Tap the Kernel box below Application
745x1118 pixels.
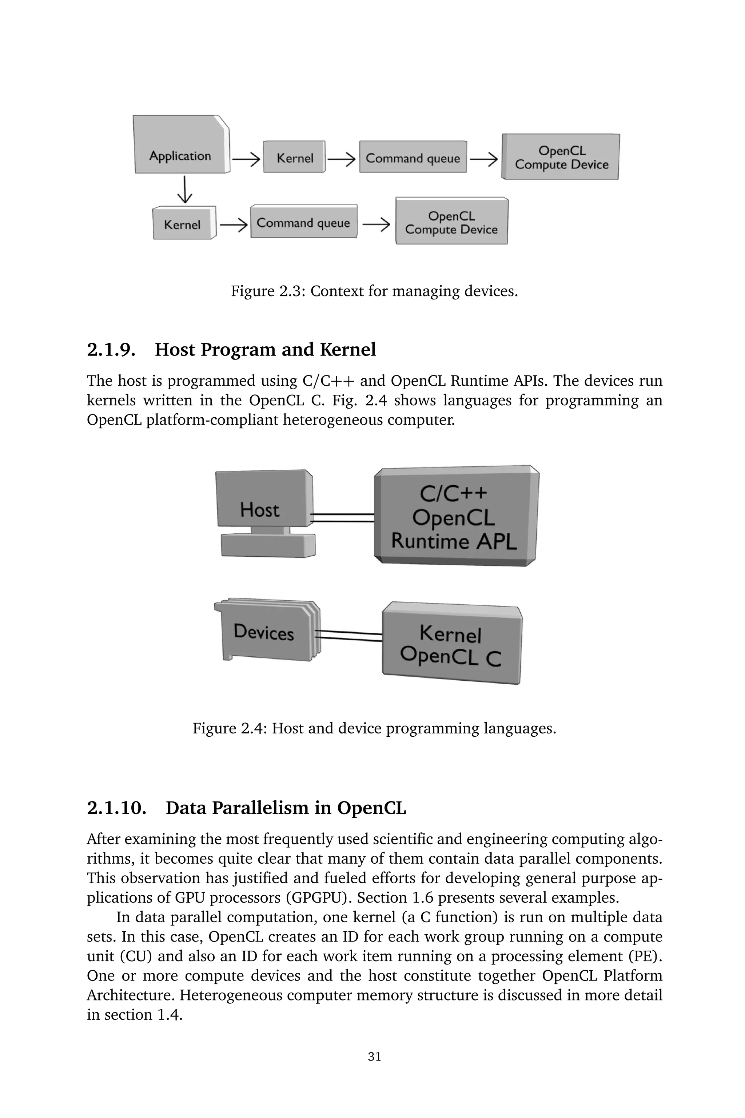pos(183,224)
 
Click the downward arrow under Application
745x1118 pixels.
pos(184,190)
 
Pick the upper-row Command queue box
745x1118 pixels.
pos(413,157)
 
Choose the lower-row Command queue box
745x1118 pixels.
pos(304,222)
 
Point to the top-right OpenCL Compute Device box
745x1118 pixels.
pos(561,157)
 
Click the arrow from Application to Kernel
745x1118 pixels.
pos(246,159)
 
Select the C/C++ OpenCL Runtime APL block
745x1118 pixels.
pos(455,517)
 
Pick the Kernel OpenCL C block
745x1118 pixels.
pos(451,644)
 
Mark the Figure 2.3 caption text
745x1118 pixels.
pos(374,291)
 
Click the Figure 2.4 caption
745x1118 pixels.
pos(374,728)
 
